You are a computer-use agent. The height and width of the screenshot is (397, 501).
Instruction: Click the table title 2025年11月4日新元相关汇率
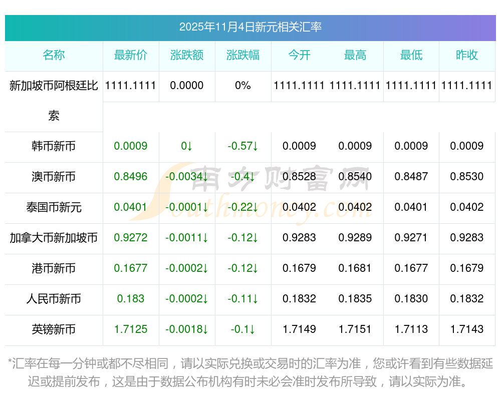(x=250, y=27)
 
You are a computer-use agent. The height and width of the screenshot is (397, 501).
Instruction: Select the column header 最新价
(x=131, y=56)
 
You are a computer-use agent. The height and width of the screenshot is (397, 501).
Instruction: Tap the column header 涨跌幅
(x=243, y=56)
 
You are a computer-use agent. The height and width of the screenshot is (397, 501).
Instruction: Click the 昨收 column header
(x=467, y=56)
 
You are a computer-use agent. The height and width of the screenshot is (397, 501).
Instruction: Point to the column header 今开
(x=299, y=56)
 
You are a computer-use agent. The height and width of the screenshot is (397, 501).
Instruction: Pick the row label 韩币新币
(x=54, y=146)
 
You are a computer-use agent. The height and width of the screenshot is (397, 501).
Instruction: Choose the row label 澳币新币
(x=54, y=177)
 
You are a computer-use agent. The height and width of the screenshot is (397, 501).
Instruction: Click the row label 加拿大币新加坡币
(x=54, y=238)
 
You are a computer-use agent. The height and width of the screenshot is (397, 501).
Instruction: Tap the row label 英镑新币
(x=54, y=329)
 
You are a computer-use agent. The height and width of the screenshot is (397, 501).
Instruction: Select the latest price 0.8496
(x=131, y=177)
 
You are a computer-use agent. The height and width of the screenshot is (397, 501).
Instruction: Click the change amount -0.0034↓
(x=187, y=177)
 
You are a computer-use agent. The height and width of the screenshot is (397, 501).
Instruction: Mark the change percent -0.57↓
(x=243, y=146)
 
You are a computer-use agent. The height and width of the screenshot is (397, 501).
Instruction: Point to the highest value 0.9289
(x=355, y=238)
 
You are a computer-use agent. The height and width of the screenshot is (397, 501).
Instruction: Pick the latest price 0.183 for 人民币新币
(x=131, y=299)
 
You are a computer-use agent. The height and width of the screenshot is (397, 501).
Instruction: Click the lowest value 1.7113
(x=411, y=329)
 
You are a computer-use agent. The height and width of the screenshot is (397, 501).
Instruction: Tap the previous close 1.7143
(x=467, y=329)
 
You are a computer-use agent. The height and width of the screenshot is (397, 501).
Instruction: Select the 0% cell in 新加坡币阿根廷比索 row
(x=243, y=86)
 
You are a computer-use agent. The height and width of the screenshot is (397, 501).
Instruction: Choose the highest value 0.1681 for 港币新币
(x=355, y=268)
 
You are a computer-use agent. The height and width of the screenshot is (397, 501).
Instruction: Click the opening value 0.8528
(x=299, y=177)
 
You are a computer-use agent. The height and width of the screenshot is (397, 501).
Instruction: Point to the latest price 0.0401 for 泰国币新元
(x=131, y=207)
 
